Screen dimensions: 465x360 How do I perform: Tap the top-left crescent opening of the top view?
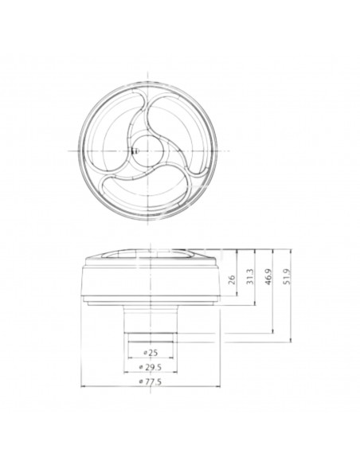tap(119, 119)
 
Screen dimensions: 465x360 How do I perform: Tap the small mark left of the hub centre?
tap(134, 149)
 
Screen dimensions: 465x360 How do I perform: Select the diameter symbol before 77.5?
tap(141, 383)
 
